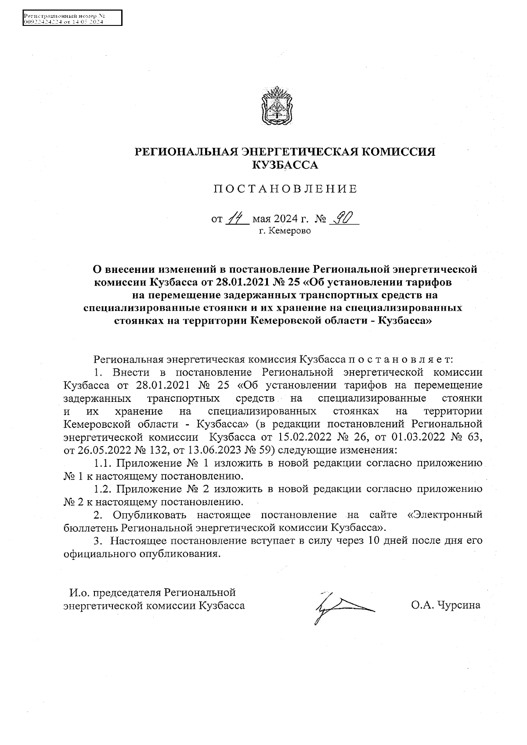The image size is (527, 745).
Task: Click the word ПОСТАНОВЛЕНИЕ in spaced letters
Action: point(285,189)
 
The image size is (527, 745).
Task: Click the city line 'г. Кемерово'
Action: point(285,231)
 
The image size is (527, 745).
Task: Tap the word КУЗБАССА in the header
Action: point(285,165)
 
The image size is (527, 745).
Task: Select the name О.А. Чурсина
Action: point(446,605)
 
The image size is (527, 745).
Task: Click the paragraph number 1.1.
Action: point(103,463)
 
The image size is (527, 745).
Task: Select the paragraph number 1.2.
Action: point(103,488)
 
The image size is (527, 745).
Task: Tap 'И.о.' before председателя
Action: point(79,593)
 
